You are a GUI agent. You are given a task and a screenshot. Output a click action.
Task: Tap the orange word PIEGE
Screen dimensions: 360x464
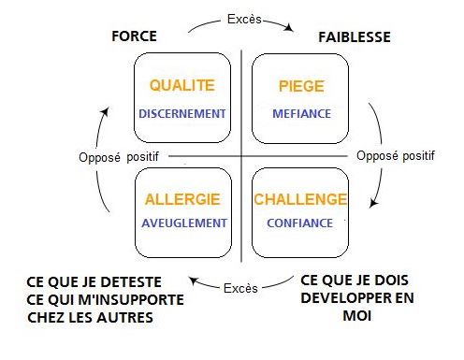(x=301, y=86)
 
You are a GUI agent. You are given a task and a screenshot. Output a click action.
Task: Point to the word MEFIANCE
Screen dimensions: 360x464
(x=301, y=114)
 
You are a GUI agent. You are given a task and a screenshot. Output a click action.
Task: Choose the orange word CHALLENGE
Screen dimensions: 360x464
(x=301, y=199)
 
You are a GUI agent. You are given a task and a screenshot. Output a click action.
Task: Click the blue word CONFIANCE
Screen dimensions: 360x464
(x=299, y=223)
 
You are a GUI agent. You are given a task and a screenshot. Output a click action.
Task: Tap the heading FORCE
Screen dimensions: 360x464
(x=134, y=37)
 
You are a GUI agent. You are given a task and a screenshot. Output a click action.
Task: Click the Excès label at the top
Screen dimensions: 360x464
(x=240, y=19)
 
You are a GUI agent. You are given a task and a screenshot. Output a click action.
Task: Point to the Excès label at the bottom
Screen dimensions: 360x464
(x=240, y=288)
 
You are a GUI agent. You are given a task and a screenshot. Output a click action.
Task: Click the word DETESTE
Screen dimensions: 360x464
(x=124, y=281)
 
